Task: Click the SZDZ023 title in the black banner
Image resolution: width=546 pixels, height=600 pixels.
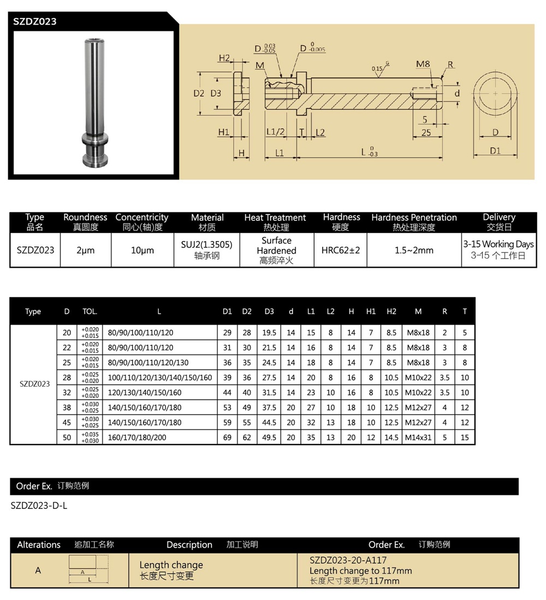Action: click(x=35, y=22)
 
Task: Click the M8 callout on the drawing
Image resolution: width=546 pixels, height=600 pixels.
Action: click(x=423, y=64)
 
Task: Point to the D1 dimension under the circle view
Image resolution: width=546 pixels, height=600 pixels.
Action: click(x=495, y=151)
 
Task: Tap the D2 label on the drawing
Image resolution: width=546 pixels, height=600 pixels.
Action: click(x=199, y=93)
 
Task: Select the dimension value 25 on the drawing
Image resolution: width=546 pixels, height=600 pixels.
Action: click(x=426, y=133)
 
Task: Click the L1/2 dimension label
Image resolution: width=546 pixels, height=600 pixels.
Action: click(x=276, y=132)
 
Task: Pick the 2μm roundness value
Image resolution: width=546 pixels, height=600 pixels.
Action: click(x=85, y=250)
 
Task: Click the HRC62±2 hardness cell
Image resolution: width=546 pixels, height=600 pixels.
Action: click(x=340, y=250)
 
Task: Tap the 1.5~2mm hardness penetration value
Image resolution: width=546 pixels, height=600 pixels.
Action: click(x=413, y=250)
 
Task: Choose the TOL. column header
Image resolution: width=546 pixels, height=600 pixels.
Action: click(x=90, y=311)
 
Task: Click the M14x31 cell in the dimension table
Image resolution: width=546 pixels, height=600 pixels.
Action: click(x=418, y=437)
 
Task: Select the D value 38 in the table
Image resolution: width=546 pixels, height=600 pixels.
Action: click(x=67, y=407)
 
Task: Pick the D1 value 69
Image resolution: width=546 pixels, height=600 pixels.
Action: click(x=227, y=437)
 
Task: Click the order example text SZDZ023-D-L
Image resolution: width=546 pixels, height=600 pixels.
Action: click(x=39, y=506)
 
